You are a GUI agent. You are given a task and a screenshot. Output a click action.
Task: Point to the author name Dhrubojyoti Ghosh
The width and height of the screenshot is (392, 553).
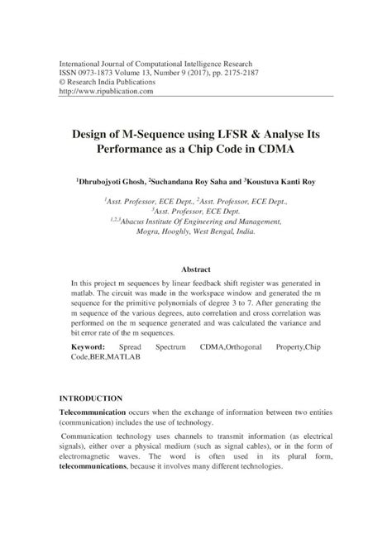coord(112,180)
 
